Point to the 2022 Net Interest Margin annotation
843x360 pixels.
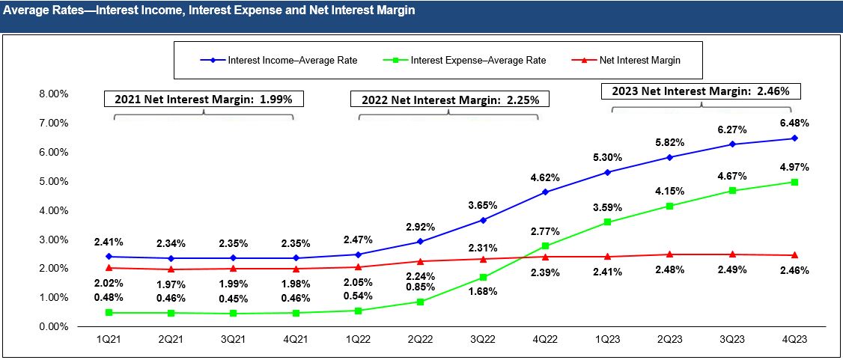click(450, 100)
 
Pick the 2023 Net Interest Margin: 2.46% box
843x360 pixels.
click(702, 91)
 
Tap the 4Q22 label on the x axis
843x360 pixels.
click(544, 339)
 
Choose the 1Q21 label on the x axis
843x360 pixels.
click(109, 339)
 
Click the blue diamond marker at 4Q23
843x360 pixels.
click(794, 138)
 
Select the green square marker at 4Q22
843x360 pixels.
click(545, 246)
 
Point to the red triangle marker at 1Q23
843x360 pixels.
click(607, 257)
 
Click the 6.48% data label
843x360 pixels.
click(794, 123)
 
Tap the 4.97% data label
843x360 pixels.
click(794, 167)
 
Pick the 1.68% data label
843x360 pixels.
click(482, 292)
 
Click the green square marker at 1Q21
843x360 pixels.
click(109, 313)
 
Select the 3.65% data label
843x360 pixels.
click(482, 204)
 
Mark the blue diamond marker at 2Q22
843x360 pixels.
click(420, 242)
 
